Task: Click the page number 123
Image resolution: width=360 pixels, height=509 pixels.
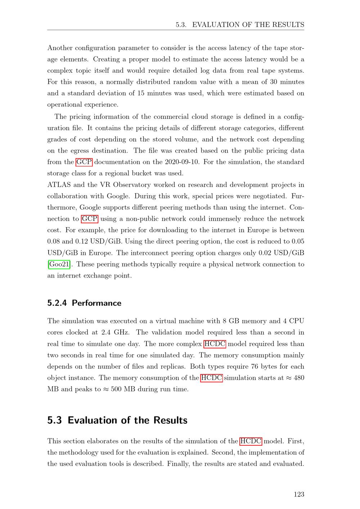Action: pos(299,494)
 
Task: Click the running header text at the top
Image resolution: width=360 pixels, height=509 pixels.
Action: pos(240,25)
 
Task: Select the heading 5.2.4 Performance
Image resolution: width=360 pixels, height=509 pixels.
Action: pos(84,303)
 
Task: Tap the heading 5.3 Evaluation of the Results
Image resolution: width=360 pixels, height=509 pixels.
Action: pos(117,420)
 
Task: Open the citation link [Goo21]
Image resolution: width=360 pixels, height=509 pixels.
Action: pos(59,264)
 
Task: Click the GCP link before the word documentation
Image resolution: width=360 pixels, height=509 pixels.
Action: pos(84,162)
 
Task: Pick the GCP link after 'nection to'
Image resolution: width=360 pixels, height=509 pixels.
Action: pos(90,219)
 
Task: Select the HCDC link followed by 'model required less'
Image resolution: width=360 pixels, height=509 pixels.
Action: pos(215,344)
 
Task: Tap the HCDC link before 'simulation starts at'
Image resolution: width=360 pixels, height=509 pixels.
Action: pos(211,378)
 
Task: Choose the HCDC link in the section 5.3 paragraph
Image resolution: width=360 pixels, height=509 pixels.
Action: pos(251,441)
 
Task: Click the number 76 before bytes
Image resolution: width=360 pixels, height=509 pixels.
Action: pos(256,367)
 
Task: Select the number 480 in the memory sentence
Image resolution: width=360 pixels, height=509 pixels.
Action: pos(299,378)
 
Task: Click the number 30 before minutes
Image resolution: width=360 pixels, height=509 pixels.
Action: pos(274,82)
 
